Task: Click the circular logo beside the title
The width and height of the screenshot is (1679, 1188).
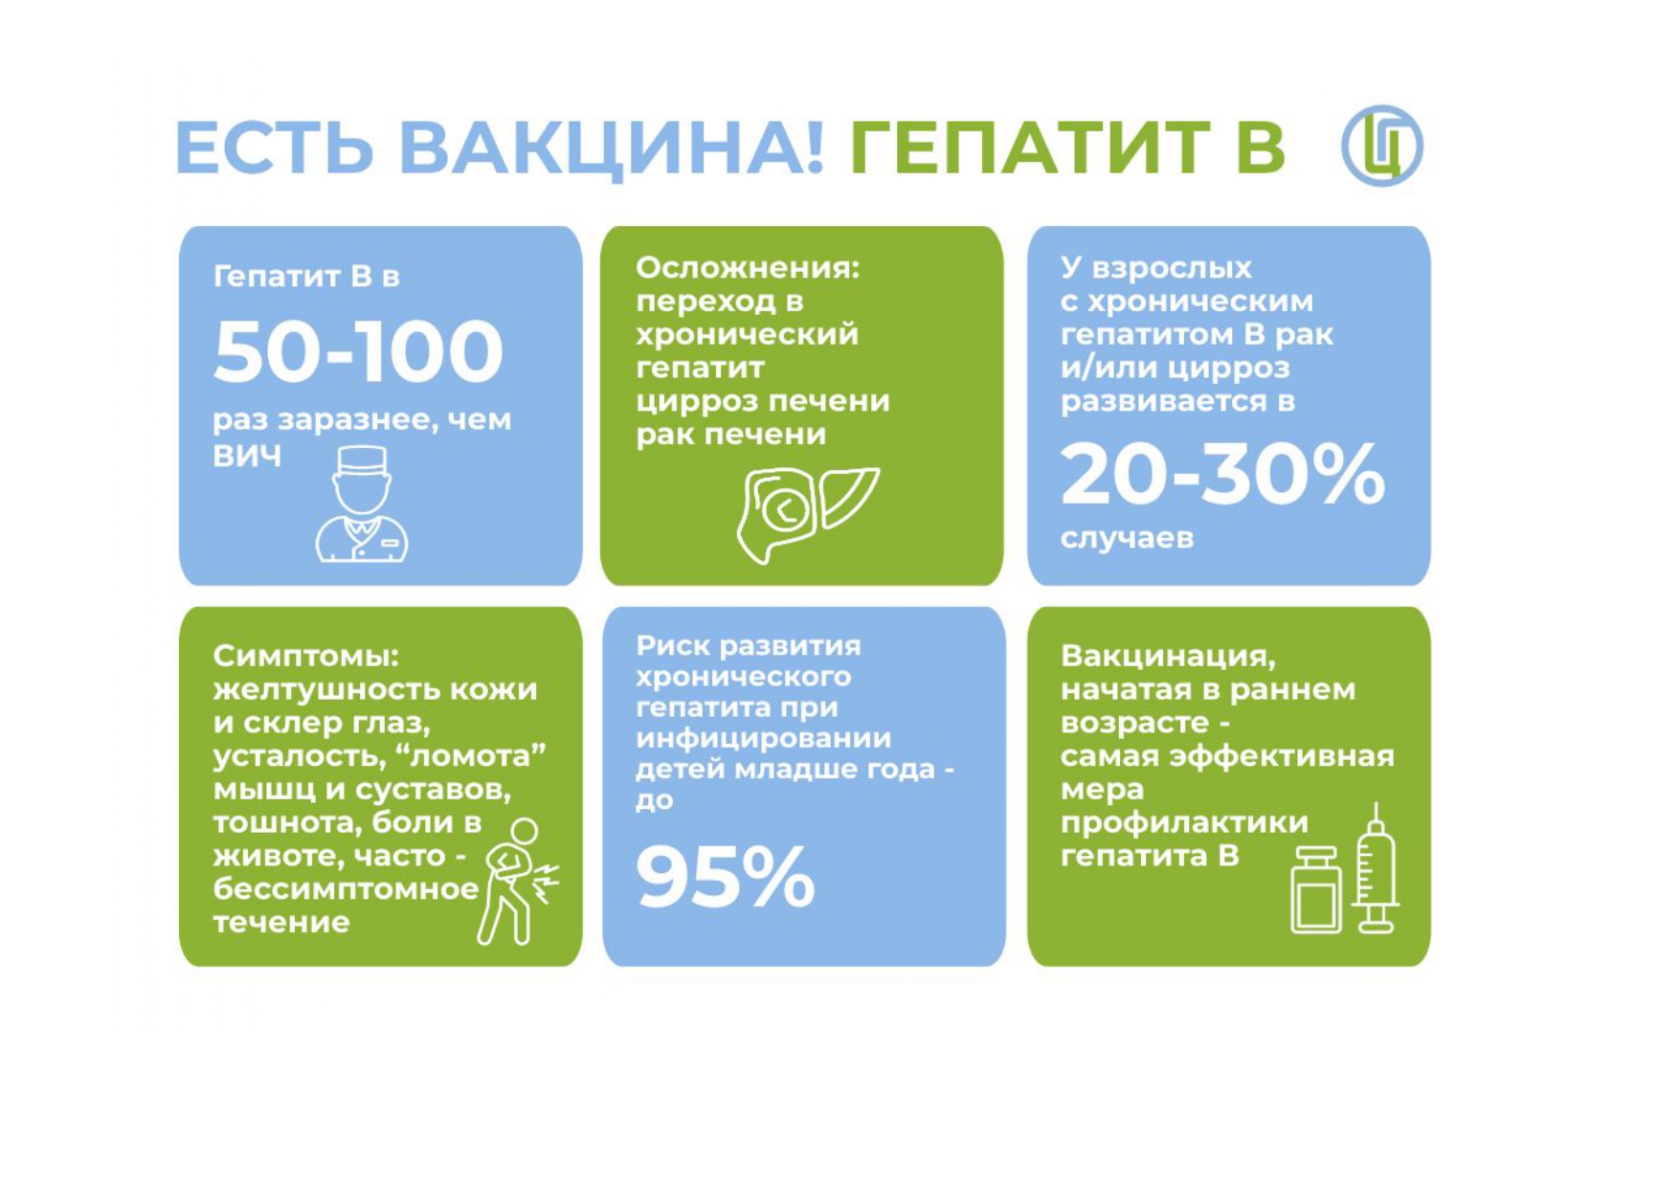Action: [1381, 146]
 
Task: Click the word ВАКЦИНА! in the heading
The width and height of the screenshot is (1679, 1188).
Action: [611, 147]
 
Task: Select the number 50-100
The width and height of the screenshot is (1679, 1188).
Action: [358, 351]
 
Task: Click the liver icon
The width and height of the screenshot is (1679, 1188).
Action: [806, 513]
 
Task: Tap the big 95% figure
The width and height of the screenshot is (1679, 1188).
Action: [726, 877]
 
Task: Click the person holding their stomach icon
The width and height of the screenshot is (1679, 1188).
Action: [518, 882]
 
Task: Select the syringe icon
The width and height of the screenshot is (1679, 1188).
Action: [1376, 868]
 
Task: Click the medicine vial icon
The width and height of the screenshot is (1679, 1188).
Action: [1316, 889]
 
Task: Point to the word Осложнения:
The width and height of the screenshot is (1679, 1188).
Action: [748, 268]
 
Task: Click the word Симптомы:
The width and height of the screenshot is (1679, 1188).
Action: [305, 657]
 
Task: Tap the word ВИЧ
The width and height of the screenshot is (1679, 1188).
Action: [247, 456]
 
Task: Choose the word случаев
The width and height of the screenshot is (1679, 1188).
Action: [1127, 538]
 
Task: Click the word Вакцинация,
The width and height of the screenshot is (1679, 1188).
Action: [1168, 657]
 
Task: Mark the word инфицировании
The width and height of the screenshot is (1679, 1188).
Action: [763, 739]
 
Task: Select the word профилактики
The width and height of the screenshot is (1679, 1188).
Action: [1184, 823]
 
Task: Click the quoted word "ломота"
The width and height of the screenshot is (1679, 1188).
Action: [476, 755]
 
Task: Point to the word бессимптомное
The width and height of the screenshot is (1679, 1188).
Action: [346, 889]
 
